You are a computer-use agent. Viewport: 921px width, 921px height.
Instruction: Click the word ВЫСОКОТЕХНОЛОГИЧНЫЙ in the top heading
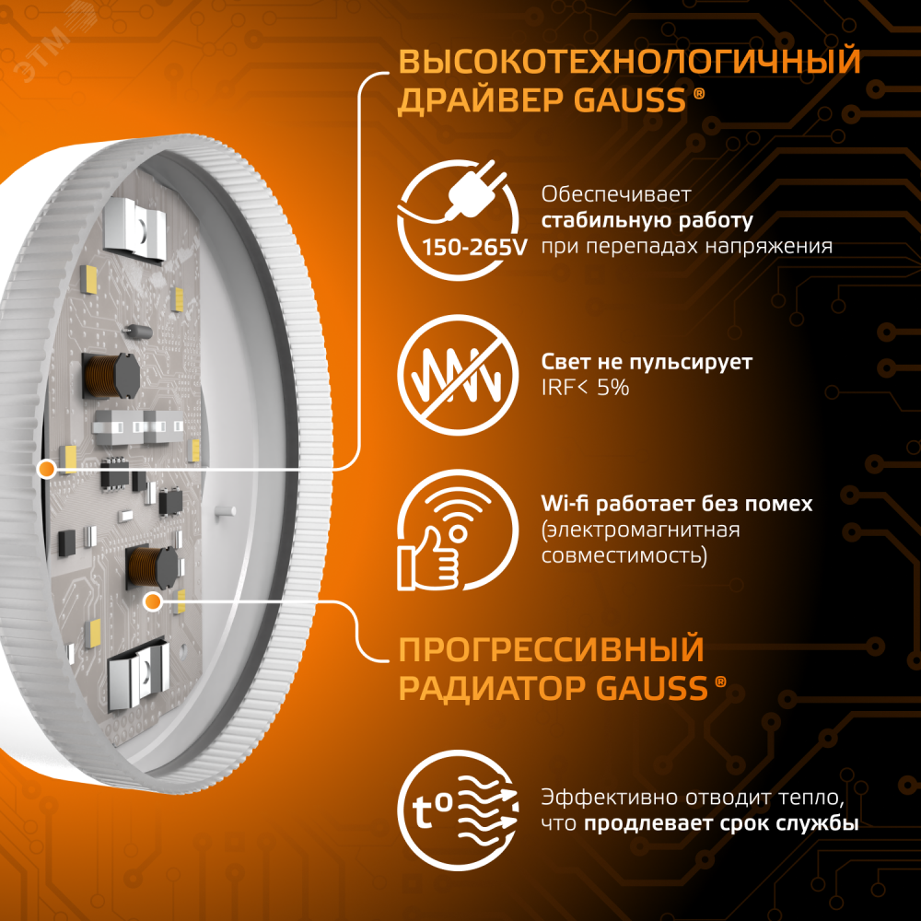point(629,62)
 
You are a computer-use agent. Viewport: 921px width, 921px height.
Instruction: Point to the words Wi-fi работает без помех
point(677,504)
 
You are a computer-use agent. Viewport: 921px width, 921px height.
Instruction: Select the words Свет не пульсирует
point(647,362)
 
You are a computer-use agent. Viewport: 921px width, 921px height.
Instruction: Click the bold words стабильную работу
point(647,221)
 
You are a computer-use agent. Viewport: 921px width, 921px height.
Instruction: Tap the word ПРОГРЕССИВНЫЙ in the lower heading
point(551,648)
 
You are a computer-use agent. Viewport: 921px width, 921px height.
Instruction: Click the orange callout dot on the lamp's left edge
point(43,470)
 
